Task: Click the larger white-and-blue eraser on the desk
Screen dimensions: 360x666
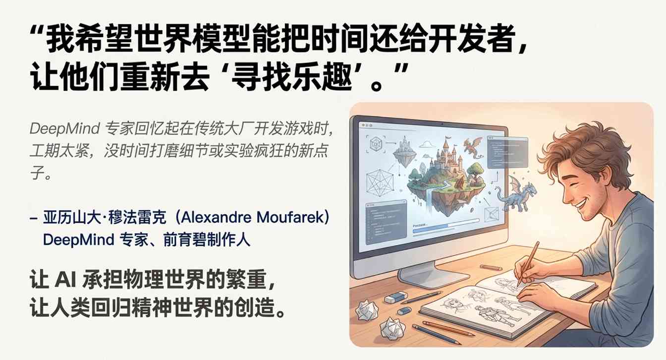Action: pos(395,299)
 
